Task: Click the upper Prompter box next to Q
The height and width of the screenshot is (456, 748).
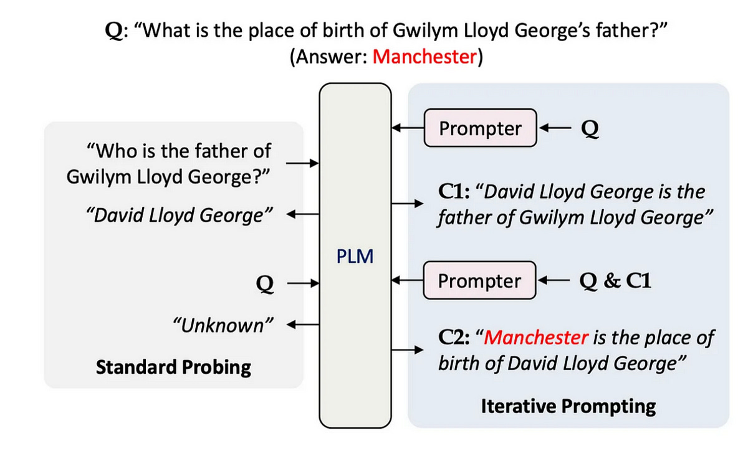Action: click(479, 128)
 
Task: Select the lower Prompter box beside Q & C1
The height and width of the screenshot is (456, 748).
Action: click(479, 281)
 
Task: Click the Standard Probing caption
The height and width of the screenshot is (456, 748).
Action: click(173, 367)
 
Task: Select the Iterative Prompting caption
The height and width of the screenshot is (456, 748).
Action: click(568, 407)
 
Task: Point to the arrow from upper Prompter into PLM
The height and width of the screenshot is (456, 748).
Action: click(407, 129)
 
